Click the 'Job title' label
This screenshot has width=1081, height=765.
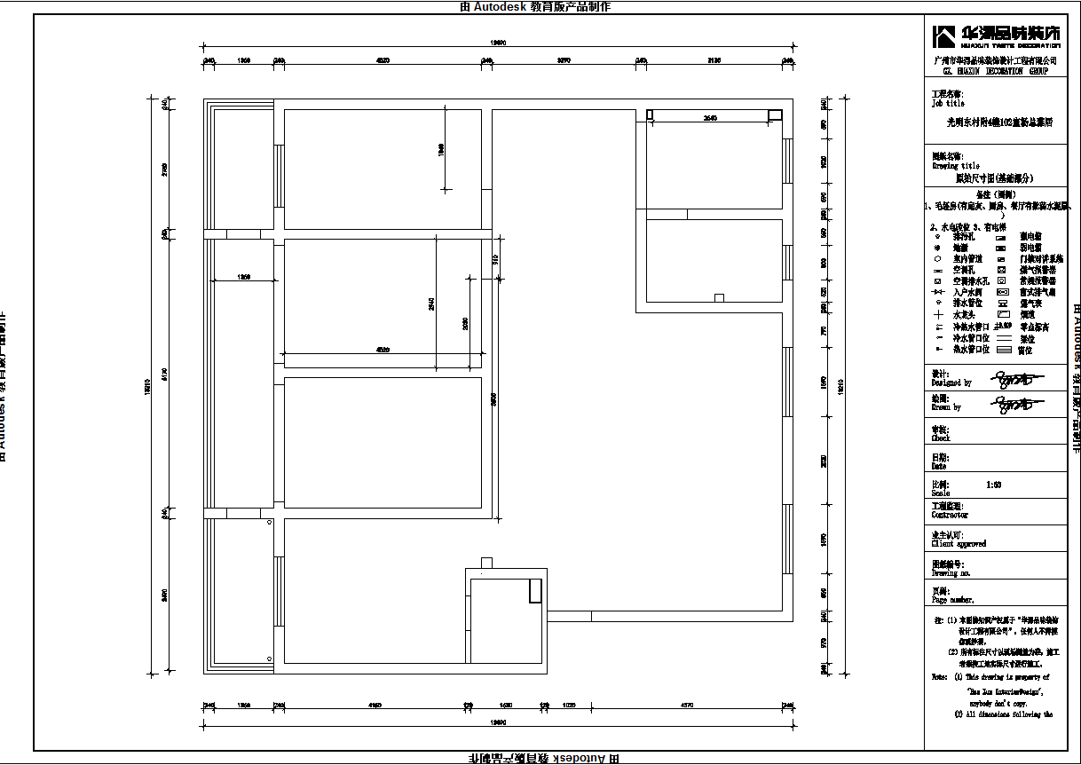tap(948, 103)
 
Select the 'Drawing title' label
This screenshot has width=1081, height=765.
tap(955, 165)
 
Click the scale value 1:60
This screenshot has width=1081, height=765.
tap(994, 485)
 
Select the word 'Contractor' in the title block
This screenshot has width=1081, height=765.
tap(950, 515)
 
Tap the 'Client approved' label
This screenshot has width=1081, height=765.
tap(959, 544)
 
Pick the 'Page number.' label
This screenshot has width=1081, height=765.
tap(953, 600)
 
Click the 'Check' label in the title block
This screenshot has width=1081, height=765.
tap(941, 438)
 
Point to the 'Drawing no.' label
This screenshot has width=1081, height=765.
tap(951, 573)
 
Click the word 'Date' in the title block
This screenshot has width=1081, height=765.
tap(939, 466)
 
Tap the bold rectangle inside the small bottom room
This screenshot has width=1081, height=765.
tap(535, 590)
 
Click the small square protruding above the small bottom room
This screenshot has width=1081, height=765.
tap(485, 563)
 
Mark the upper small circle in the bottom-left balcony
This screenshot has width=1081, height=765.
tap(270, 524)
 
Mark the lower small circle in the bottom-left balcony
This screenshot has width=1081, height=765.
tap(270, 659)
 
